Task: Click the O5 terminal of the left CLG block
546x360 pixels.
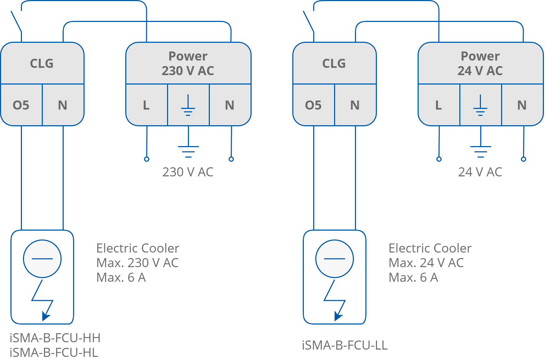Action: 21,105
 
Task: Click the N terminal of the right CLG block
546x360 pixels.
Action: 355,105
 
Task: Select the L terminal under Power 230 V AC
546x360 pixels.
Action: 146,105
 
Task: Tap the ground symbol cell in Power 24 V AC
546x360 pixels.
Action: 480,105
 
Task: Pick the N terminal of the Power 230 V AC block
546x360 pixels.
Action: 230,105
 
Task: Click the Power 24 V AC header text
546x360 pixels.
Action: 480,63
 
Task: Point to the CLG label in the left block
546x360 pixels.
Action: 42,63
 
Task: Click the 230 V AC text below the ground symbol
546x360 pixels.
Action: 188,172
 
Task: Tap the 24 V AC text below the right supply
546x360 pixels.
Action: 480,172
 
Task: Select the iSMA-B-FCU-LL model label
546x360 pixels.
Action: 345,345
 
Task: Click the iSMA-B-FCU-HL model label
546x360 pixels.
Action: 54,353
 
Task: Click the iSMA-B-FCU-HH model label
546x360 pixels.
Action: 55,338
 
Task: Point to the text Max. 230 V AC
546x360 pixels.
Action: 137,263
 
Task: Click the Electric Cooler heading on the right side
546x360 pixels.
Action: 430,248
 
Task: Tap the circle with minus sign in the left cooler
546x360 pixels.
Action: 42,258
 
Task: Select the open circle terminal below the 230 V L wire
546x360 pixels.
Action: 147,159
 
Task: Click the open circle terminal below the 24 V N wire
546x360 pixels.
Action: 523,159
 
